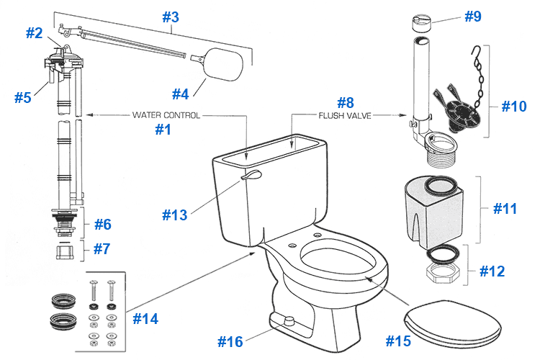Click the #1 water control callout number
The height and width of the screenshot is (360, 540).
(164, 130)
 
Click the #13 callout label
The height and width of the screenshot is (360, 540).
(174, 215)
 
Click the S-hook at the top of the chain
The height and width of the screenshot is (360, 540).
(474, 53)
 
